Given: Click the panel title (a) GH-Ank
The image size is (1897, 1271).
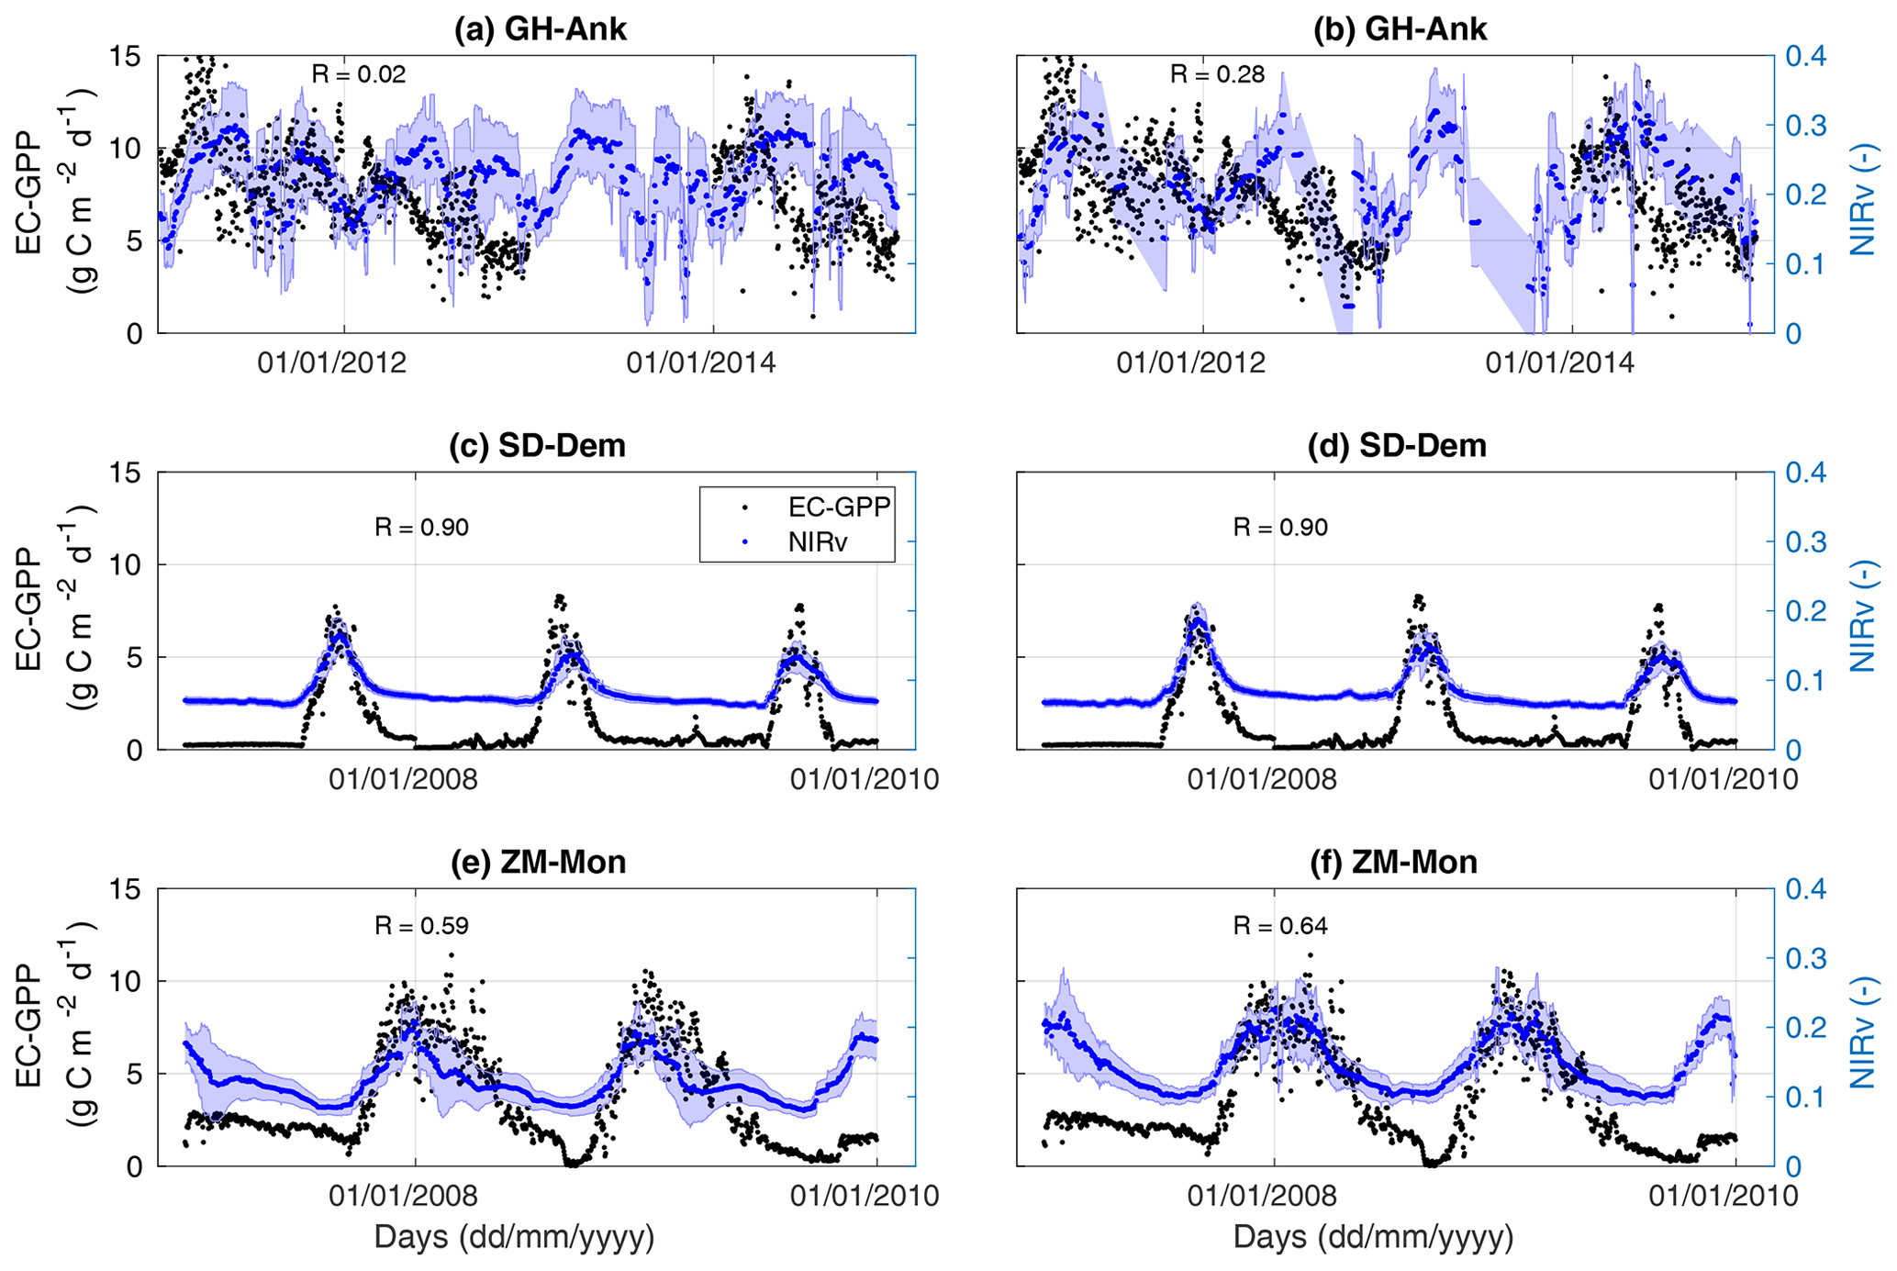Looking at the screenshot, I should (x=540, y=29).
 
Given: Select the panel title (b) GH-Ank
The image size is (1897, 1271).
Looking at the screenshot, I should (x=1399, y=29).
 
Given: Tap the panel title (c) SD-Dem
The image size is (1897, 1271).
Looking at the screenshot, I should (x=537, y=446).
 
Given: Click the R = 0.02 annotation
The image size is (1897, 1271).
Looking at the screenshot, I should (x=358, y=74).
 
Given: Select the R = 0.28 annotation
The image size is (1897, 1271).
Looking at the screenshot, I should (x=1217, y=74).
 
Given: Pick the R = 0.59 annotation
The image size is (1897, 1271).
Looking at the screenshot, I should (x=421, y=926).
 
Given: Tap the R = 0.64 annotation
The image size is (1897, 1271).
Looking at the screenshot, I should (x=1280, y=926).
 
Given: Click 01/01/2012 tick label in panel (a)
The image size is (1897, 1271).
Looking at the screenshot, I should (x=331, y=363).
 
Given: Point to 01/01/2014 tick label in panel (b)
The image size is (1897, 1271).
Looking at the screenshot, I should (x=1560, y=363).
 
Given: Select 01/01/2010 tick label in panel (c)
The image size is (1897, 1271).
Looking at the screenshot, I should (x=865, y=780).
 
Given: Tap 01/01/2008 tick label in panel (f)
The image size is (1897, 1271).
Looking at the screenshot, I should (x=1262, y=1196).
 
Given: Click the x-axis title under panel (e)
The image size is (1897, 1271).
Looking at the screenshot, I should (x=514, y=1237).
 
